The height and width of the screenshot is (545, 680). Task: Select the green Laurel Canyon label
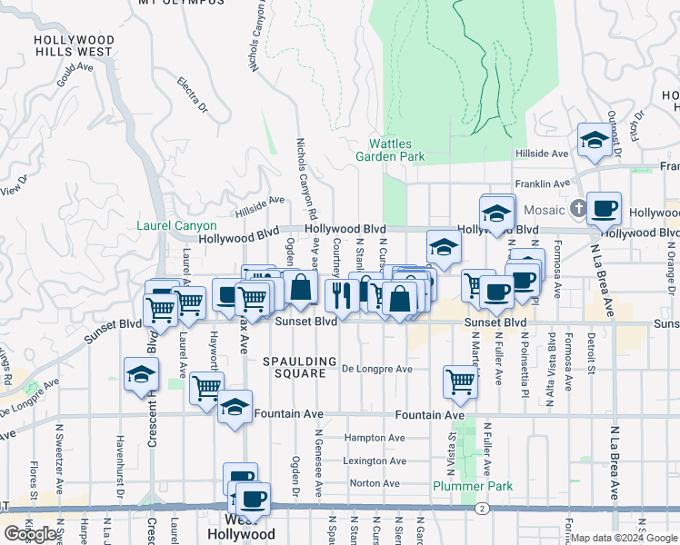[x=176, y=226]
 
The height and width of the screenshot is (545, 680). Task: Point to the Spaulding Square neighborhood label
[x=294, y=367]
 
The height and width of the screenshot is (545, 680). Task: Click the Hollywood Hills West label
[x=74, y=46]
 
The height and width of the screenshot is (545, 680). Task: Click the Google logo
[x=30, y=534]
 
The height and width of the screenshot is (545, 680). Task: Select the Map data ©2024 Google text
[x=624, y=538]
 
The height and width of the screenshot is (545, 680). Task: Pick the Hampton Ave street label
[x=374, y=438]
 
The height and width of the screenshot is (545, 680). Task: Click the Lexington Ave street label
[x=374, y=461]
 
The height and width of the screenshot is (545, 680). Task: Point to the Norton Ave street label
[x=375, y=483]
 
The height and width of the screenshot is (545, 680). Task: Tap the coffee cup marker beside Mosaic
[x=604, y=208]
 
